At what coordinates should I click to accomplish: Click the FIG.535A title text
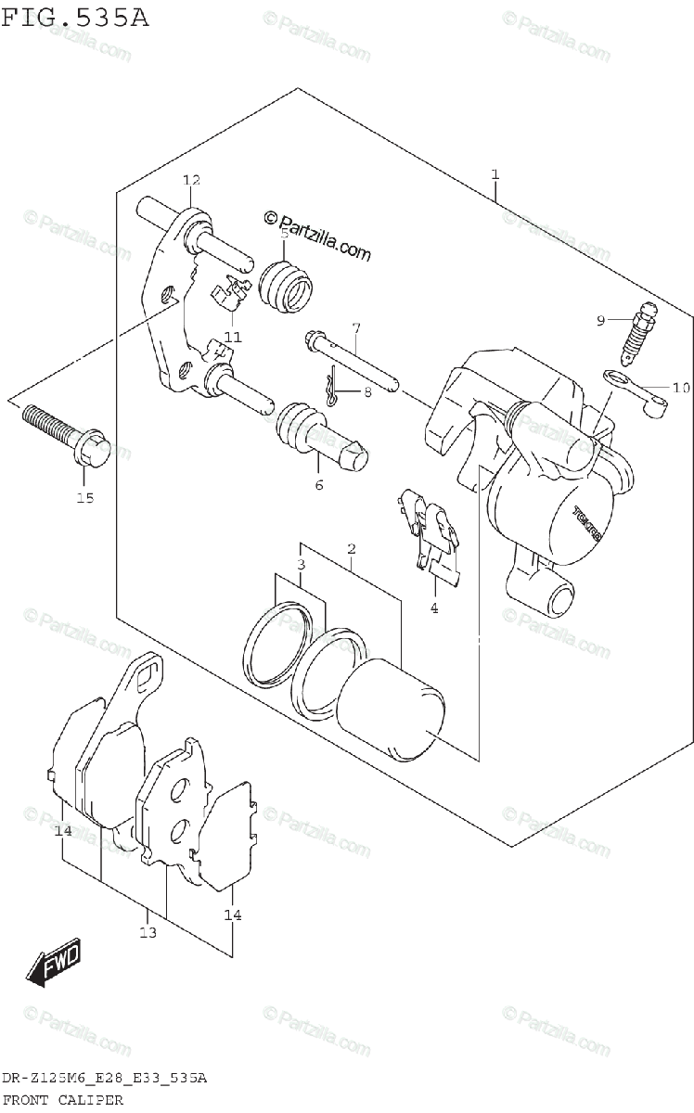click(x=74, y=18)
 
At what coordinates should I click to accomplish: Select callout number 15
click(x=85, y=499)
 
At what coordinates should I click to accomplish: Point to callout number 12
click(x=191, y=180)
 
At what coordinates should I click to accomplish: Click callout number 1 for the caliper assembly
click(x=495, y=173)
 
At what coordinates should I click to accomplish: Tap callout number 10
click(x=681, y=388)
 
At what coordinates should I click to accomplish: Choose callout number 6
click(x=318, y=484)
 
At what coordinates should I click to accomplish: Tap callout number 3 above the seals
click(x=302, y=565)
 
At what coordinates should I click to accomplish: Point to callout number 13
click(x=148, y=932)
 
